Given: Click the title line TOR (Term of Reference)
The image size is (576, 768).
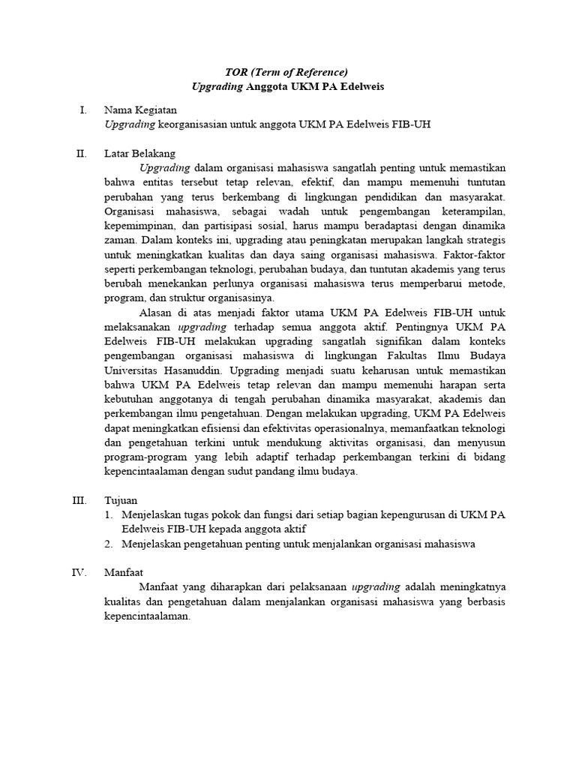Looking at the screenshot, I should [287, 72].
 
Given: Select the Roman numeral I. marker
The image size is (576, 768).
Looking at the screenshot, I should [83, 110].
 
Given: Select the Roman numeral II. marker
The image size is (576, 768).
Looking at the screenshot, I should [82, 154].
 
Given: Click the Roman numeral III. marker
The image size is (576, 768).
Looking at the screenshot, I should [80, 500].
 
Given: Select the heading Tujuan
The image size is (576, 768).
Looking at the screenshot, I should [121, 500].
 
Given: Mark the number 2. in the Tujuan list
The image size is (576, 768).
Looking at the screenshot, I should [109, 544].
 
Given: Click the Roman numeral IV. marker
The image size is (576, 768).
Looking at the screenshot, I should [80, 572].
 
